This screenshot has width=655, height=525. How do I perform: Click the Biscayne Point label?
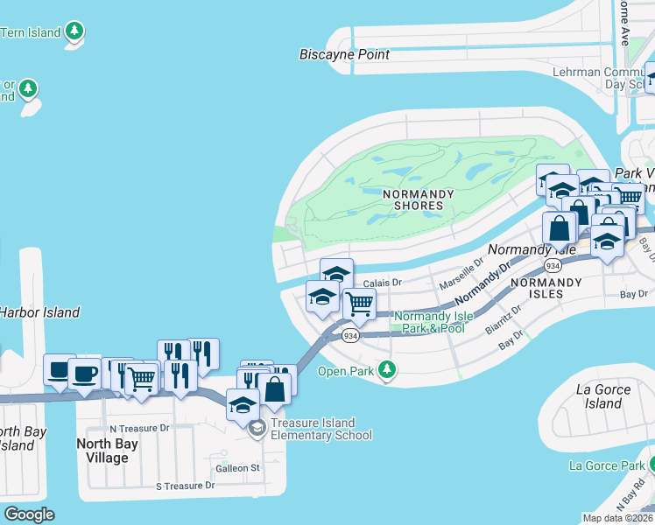click(x=344, y=54)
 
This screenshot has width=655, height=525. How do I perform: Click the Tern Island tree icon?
click(x=75, y=32)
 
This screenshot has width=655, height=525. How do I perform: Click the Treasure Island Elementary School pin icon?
click(x=257, y=428)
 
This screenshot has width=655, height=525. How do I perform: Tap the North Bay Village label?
click(x=107, y=451)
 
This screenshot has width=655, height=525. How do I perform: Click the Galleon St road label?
click(x=244, y=468)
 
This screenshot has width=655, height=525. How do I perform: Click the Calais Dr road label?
click(x=382, y=283)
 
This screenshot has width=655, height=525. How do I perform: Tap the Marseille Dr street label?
click(x=461, y=273)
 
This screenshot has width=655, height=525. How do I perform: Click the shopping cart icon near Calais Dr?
click(x=360, y=304)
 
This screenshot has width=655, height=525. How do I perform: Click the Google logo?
click(x=29, y=514)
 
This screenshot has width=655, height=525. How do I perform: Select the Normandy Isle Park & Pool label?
click(x=429, y=322)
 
